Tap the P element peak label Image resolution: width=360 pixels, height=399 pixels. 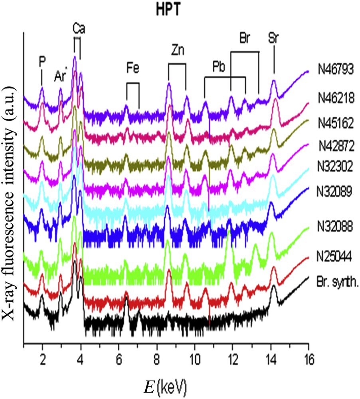(42, 61)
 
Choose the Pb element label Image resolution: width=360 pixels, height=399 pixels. (219, 67)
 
